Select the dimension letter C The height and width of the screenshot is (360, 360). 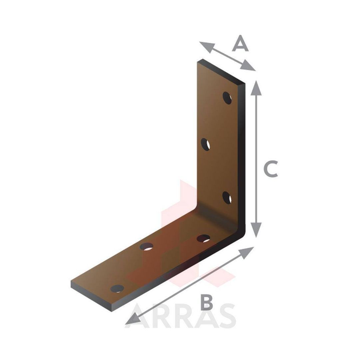click(271, 169)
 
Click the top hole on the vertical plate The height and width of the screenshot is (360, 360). click(227, 98)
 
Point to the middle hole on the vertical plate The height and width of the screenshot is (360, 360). click(205, 144)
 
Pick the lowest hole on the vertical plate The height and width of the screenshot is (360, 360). click(227, 198)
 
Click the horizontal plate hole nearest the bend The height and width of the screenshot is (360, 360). click(203, 239)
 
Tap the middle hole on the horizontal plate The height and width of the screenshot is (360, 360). click(146, 247)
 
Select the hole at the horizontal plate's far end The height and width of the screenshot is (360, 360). click(117, 289)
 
